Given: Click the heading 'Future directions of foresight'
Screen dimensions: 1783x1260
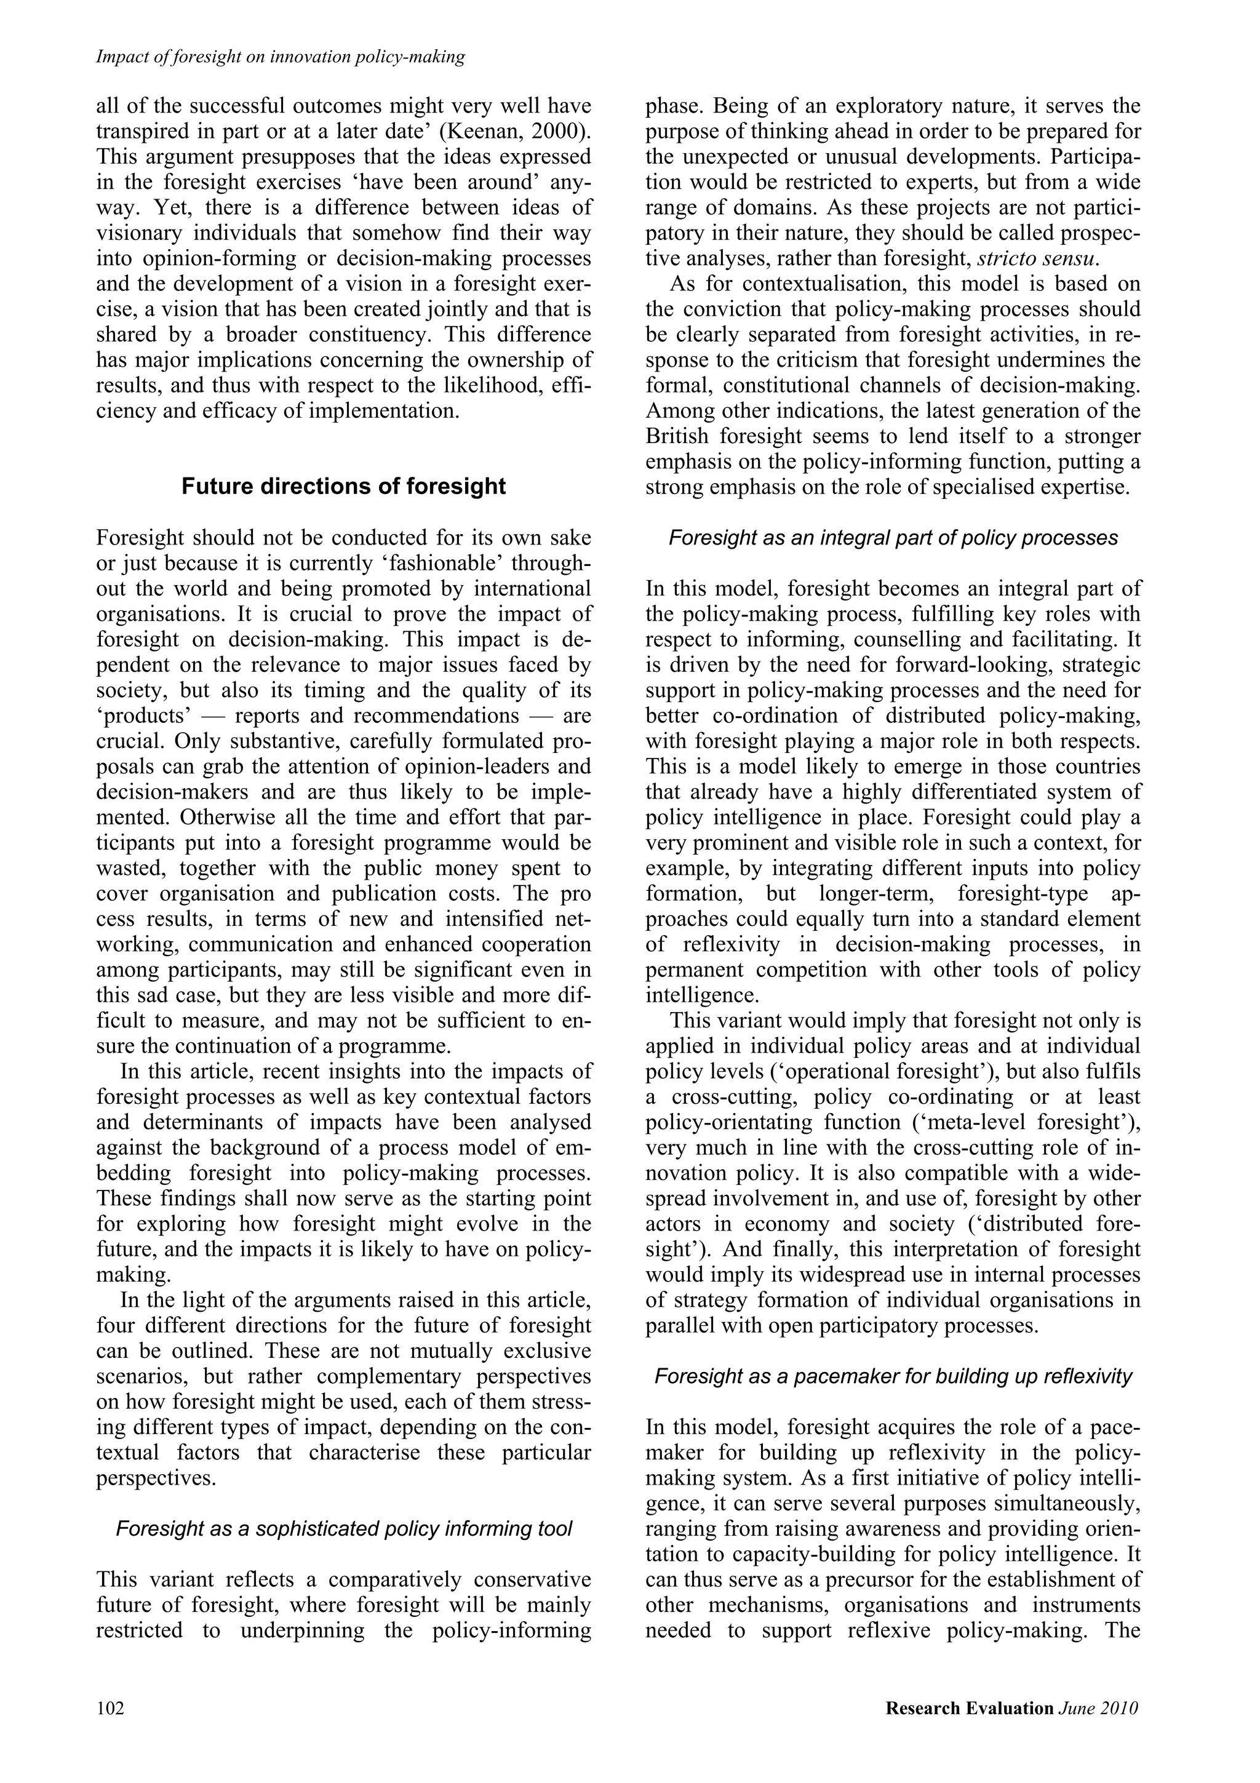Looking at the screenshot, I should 343,487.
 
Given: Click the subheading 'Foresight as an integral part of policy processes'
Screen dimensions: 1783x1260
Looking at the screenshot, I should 893,538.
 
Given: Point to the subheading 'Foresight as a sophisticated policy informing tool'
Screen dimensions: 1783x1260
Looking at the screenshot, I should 343,1529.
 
